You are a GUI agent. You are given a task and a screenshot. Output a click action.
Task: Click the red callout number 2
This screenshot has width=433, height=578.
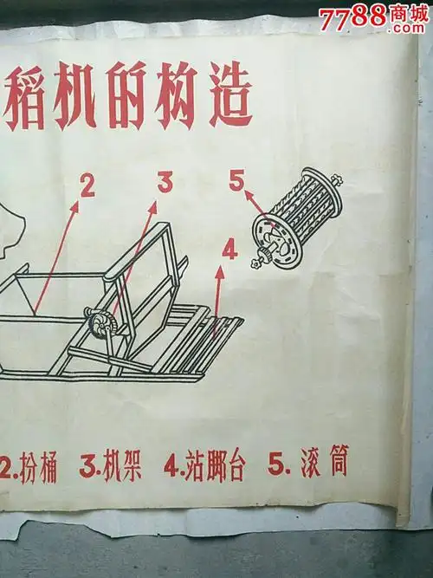pos(86,185)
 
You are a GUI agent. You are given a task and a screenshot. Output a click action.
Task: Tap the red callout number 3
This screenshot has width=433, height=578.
pos(165,181)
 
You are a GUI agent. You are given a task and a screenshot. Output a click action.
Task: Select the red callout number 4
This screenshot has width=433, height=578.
pos(229,250)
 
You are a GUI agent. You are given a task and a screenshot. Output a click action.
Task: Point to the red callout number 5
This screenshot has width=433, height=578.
pos(236,181)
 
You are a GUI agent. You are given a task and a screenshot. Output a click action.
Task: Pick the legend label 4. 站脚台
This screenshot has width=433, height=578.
pos(204,467)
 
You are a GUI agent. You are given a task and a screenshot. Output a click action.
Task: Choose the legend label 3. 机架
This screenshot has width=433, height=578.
pos(110,468)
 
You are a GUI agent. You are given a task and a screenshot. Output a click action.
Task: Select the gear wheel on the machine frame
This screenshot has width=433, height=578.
pos(101,330)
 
